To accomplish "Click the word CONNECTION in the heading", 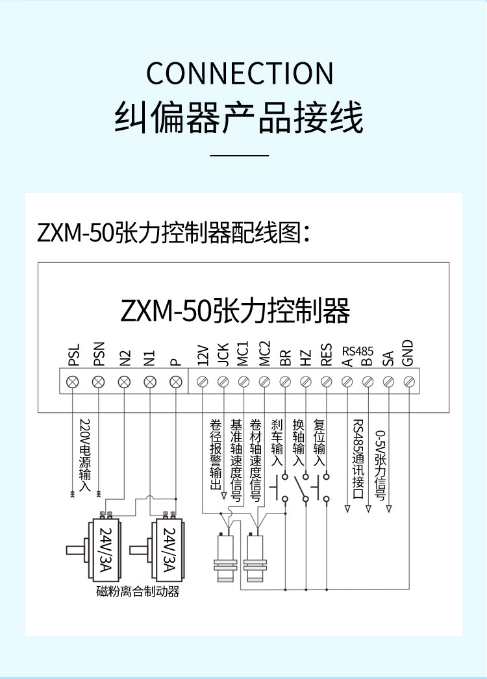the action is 240,73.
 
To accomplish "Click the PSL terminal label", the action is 74,355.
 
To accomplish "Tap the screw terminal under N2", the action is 125,382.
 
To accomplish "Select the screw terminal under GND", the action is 409,382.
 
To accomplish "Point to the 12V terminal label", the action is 203,355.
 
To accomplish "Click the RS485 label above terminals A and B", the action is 357,351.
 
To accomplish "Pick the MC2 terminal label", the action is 265,353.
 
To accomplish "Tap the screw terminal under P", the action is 175,382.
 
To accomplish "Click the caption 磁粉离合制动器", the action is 138,591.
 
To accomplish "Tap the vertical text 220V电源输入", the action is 85,454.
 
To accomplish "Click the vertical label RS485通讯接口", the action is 358,459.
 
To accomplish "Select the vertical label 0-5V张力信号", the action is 380,465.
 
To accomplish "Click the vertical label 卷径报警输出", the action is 216,454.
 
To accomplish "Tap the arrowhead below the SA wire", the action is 389,509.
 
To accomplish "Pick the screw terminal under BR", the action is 285,382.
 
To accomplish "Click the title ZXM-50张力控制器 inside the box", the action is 235,310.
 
